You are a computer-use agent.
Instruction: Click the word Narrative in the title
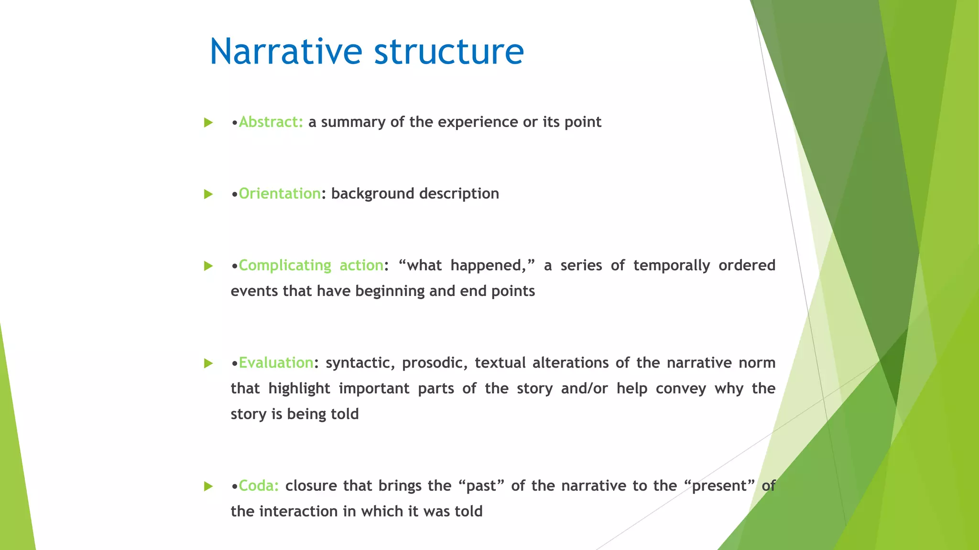click(286, 52)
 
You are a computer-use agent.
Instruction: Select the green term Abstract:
click(271, 122)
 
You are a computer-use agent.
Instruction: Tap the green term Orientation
click(280, 194)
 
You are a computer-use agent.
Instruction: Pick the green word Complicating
click(285, 265)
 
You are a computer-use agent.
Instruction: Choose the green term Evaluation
click(276, 363)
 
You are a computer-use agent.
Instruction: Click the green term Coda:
click(259, 486)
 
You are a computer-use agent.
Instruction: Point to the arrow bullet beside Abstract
click(208, 123)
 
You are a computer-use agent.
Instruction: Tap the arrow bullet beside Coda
click(208, 487)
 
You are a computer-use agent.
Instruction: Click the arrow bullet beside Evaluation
click(208, 363)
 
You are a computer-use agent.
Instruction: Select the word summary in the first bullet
click(353, 122)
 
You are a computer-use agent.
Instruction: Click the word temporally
click(671, 265)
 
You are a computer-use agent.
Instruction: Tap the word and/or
click(584, 389)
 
